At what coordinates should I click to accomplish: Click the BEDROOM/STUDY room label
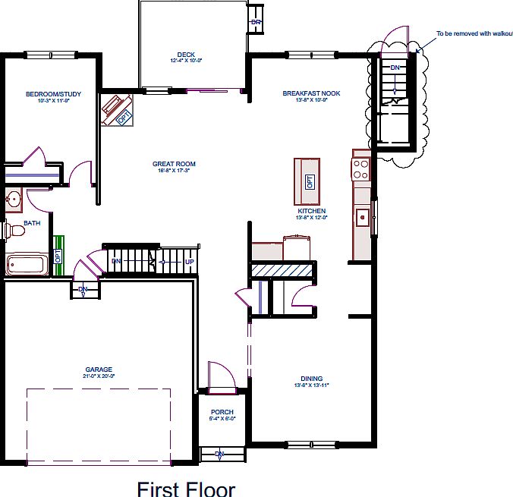point(53,94)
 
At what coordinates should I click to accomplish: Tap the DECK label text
point(186,55)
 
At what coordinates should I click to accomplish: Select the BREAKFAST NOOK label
point(311,93)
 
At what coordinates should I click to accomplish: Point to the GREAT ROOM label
point(174,164)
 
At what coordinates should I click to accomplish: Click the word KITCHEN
point(311,211)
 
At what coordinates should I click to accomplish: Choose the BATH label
point(32,223)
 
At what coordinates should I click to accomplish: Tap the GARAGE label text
point(99,370)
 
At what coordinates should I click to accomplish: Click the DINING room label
point(311,379)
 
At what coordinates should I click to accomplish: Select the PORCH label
point(222,412)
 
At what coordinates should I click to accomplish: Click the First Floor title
point(186,489)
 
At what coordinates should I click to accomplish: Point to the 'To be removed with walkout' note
point(474,33)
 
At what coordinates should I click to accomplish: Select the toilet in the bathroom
point(14,230)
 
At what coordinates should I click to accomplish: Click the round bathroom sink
point(12,200)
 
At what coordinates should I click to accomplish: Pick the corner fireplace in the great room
point(117,111)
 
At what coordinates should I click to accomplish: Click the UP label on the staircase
point(189,263)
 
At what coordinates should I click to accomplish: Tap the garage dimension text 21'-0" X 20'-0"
point(99,376)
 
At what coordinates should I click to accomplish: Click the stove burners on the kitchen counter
point(361,168)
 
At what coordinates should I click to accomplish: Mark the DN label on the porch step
point(219,455)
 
